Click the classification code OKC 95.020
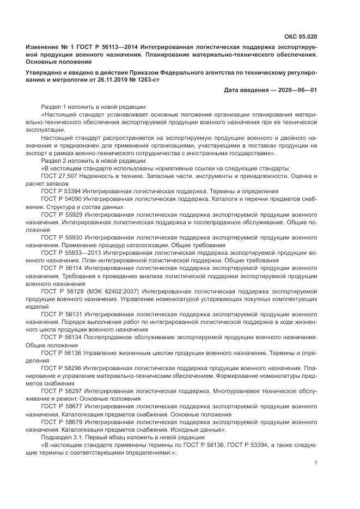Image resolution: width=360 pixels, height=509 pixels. [x=300, y=37]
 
